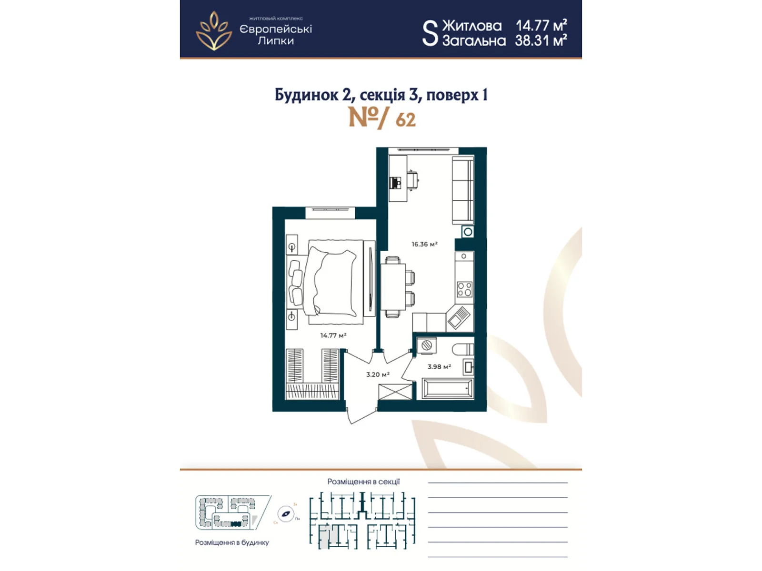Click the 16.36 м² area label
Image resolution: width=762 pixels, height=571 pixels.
tap(424, 244)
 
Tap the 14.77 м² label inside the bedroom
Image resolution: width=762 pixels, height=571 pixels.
tap(333, 335)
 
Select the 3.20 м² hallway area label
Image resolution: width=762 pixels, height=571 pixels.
tap(378, 374)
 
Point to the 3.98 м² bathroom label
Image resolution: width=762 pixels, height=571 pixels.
tap(439, 367)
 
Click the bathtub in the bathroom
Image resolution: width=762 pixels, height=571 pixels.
tap(447, 389)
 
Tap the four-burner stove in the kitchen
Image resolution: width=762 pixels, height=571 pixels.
tap(464, 289)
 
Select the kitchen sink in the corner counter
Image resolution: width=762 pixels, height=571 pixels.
tap(458, 317)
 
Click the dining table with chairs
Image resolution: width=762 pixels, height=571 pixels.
tap(393, 287)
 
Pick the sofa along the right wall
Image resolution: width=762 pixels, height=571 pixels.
tap(462, 191)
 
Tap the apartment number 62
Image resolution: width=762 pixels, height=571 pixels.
tap(405, 119)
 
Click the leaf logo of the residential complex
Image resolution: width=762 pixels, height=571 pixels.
tap(214, 31)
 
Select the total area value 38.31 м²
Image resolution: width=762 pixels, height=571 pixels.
tap(541, 41)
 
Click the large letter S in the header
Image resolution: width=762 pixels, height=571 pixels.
tap(430, 33)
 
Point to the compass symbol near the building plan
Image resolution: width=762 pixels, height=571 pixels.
tap(286, 514)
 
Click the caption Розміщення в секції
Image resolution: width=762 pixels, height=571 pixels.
tap(363, 482)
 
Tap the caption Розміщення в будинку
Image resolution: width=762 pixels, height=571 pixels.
tap(232, 542)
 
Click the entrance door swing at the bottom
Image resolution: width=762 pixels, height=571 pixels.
tap(361, 414)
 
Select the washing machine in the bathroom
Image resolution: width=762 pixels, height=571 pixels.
tap(427, 346)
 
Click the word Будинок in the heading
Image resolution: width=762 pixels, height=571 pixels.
tap(306, 95)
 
